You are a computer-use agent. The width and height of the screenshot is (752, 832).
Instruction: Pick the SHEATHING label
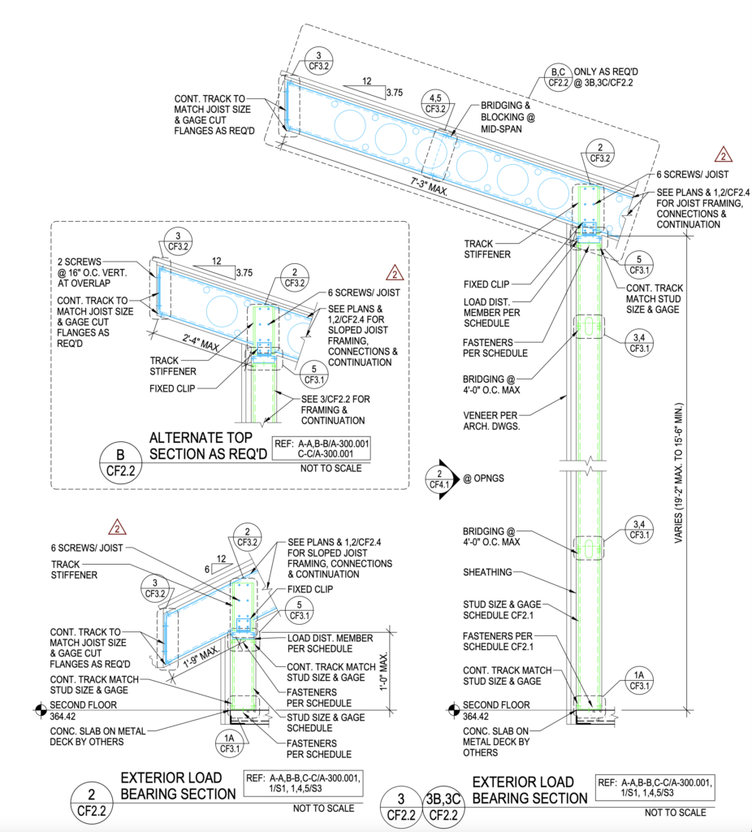487,572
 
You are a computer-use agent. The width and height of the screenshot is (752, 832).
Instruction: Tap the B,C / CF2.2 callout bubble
558,76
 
